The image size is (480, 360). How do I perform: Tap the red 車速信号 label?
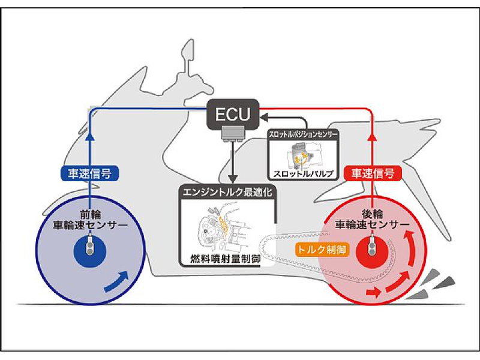373,174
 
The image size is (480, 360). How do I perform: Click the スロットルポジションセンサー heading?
303,136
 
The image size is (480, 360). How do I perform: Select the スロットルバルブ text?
303,174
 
